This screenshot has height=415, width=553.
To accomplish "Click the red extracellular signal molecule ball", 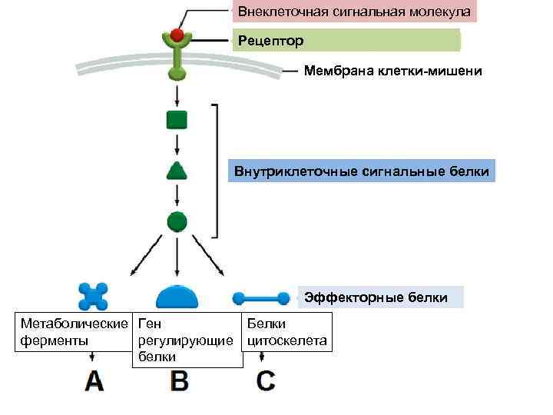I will (x=177, y=35).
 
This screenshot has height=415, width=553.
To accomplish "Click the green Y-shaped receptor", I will (x=177, y=58).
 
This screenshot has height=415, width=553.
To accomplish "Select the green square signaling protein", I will (x=177, y=119).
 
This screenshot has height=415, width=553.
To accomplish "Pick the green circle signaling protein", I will (x=177, y=222).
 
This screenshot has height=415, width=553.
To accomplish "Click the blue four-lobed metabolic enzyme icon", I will (x=93, y=296).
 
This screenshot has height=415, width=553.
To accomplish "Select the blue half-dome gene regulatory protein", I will (x=177, y=297).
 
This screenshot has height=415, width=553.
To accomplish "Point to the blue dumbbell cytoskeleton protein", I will (x=261, y=297).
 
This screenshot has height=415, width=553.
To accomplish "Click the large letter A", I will (x=94, y=381).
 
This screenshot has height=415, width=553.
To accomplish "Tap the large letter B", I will (x=179, y=381).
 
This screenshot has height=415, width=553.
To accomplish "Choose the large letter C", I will (x=265, y=381).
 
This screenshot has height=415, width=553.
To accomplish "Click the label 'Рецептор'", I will (x=270, y=40).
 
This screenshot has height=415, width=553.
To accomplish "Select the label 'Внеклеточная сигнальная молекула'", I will (x=354, y=12).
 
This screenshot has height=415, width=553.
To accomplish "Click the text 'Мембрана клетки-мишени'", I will (x=392, y=71).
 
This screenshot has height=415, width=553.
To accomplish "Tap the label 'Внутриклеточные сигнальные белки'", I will (x=362, y=171).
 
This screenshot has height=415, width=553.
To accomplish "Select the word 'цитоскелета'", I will (x=287, y=340).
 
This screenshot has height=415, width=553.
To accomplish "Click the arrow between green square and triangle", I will (x=177, y=144).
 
